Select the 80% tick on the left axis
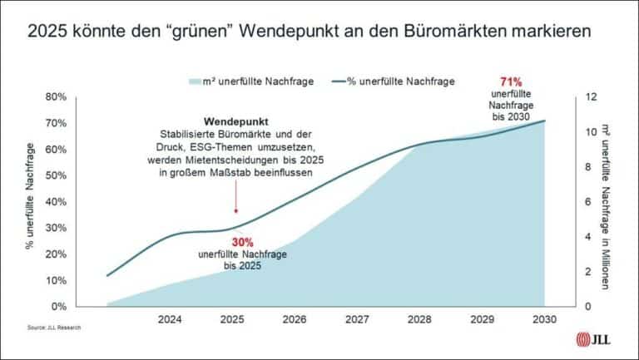pyautogui.click(x=77, y=96)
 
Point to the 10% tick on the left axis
pyautogui.click(x=77, y=280)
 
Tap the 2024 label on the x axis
pyautogui.click(x=170, y=318)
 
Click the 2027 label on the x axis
pyautogui.click(x=357, y=318)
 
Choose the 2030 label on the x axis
pyautogui.click(x=544, y=318)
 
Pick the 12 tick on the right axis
pyautogui.click(x=592, y=96)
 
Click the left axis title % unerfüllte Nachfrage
pyautogui.click(x=32, y=196)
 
